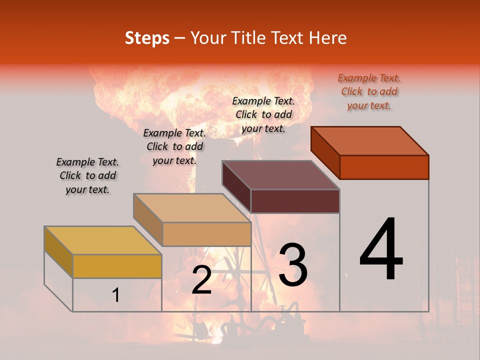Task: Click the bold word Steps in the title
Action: tap(147, 38)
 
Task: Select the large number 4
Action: tap(381, 250)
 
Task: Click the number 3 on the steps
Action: tap(292, 265)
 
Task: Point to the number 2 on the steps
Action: tap(201, 280)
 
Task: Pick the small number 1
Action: tap(116, 295)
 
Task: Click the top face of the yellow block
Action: tap(103, 240)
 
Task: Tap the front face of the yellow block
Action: tap(117, 266)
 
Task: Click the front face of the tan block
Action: tap(206, 234)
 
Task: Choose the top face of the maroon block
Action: tap(280, 175)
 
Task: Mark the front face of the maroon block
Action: tap(295, 201)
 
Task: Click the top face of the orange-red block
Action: tap(369, 140)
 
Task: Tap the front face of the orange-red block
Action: tap(384, 167)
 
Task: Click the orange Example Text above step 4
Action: tap(369, 92)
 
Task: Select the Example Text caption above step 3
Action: tap(263, 114)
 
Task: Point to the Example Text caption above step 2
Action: tap(174, 146)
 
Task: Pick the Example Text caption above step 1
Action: tap(87, 175)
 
